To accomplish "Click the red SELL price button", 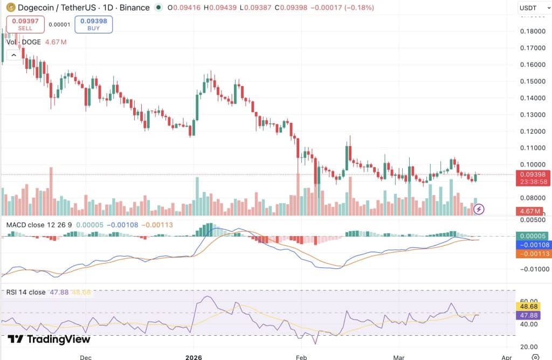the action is click(25, 24).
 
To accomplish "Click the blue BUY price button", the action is click(94, 24).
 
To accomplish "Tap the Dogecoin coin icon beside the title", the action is click(11, 7).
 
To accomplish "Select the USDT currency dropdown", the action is click(534, 8).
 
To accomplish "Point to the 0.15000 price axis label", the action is click(533, 81).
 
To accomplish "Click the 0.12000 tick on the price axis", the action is click(533, 131).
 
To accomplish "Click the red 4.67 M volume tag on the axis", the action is click(530, 211).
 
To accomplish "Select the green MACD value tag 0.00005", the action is click(533, 236).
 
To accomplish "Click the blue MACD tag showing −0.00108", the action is click(533, 245).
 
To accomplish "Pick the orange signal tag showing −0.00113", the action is click(533, 254).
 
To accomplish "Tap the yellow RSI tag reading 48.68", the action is click(529, 307).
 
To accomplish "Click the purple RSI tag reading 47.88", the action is click(529, 315).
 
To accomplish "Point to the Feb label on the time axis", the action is click(301, 357).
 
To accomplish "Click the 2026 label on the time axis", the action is click(194, 357).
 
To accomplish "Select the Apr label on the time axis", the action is click(507, 357).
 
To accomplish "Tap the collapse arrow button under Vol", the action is click(13, 56).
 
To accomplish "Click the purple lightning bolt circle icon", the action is click(479, 210).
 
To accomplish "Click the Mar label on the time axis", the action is click(398, 357).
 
